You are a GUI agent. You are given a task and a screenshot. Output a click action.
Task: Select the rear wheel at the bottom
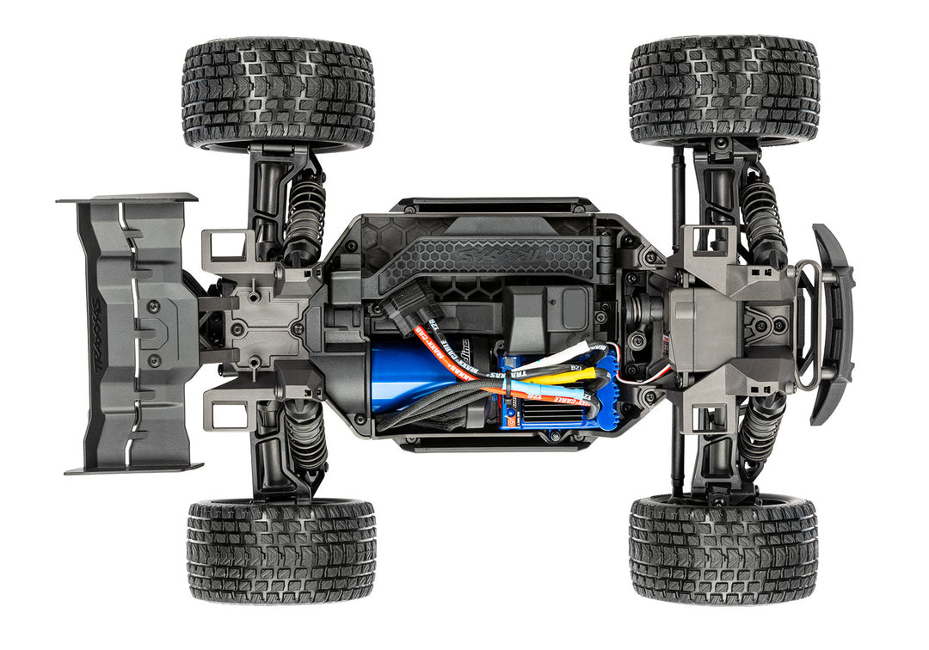pos(281,550)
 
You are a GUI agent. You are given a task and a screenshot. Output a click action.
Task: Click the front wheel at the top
pos(723,91)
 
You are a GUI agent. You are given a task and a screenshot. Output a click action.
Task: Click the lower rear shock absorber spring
pos(305,433)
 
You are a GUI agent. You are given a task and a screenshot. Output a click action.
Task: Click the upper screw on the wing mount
pos(153,305)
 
